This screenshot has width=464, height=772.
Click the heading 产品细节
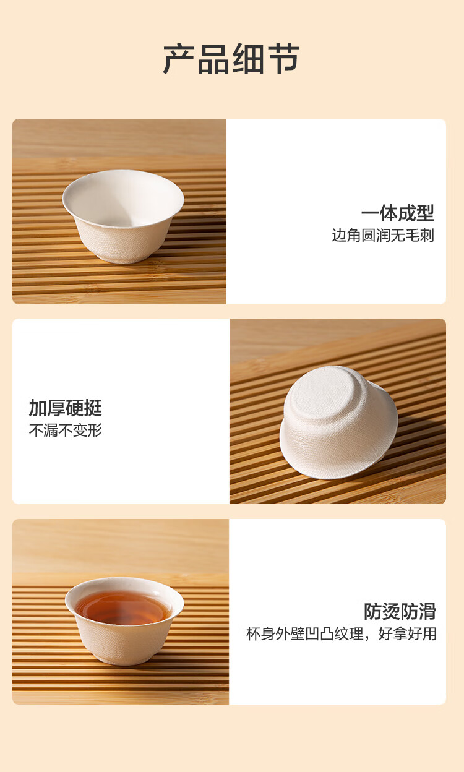231,59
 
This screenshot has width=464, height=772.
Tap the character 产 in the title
179,59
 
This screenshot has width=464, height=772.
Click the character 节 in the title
283,59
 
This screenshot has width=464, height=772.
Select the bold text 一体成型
397,213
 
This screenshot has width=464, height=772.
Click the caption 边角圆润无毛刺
383,236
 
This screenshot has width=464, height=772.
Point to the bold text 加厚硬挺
66,408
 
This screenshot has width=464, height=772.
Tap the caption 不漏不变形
66,430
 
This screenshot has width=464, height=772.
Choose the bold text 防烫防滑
400,611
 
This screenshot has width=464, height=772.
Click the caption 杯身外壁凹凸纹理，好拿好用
342,633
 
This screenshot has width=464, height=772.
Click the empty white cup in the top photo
123,216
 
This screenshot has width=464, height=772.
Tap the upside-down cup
338,422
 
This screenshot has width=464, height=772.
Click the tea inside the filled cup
122,608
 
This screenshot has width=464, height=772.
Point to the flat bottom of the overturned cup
324,393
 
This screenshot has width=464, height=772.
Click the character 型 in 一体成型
426,213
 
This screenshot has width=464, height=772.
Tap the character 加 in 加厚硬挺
38,408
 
